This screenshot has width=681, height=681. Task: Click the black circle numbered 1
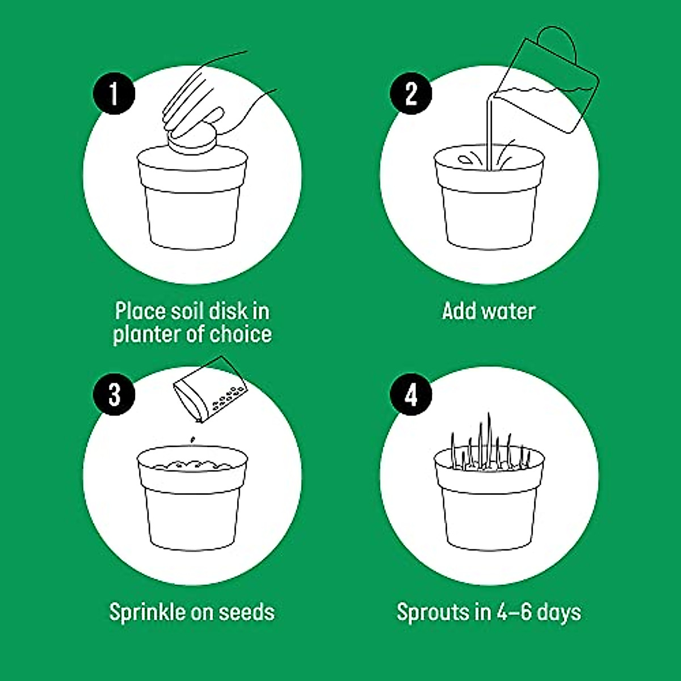click(x=114, y=93)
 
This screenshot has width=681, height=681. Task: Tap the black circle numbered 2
click(x=411, y=93)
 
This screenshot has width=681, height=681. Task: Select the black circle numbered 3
click(x=114, y=394)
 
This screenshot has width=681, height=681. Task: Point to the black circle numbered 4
click(x=411, y=394)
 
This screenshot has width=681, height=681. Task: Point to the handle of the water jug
click(x=559, y=43)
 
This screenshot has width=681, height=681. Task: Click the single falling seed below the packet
click(x=192, y=439)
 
